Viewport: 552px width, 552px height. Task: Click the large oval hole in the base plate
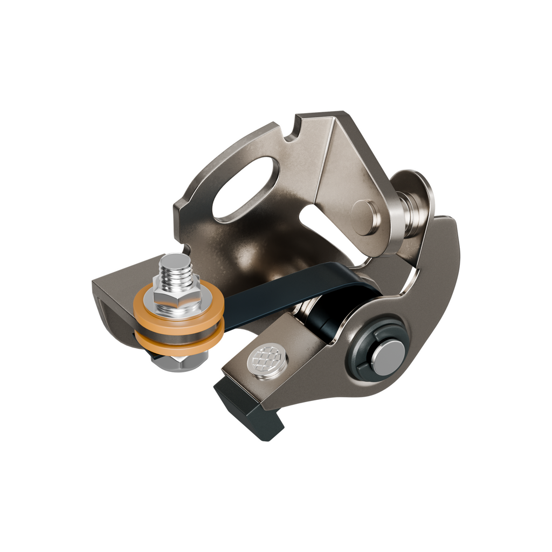246,189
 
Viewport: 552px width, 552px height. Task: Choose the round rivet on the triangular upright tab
365,217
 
